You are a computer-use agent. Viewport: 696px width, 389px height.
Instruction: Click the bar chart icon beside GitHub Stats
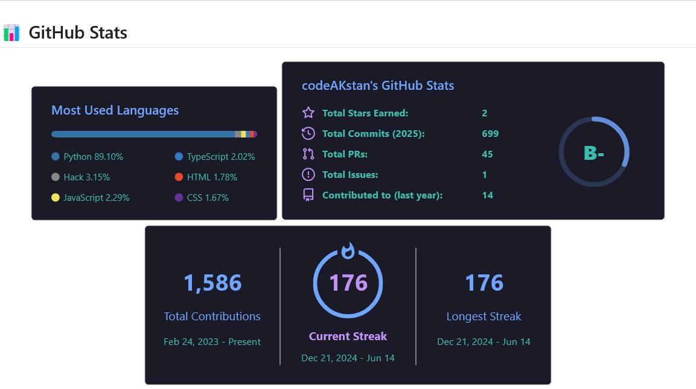[11, 32]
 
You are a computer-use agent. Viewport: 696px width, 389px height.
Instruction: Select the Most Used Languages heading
[115, 110]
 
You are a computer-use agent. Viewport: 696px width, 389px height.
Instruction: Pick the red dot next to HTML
[179, 177]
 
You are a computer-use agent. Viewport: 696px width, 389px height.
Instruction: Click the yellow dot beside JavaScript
[56, 198]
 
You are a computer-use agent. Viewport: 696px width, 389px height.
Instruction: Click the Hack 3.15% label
[86, 177]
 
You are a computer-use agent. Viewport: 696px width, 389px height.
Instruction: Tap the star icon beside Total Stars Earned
[308, 113]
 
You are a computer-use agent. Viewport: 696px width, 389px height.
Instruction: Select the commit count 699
[490, 133]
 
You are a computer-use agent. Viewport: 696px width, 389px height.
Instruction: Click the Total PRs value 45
[487, 154]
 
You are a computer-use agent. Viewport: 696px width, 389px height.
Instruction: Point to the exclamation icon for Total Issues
[308, 174]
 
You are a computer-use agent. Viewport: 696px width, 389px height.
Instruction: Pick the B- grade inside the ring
[594, 153]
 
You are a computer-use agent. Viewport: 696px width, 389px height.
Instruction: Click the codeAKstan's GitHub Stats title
[378, 86]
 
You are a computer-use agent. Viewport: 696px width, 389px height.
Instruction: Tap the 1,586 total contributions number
[212, 283]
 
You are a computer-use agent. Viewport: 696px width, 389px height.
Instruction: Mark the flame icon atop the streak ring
[348, 250]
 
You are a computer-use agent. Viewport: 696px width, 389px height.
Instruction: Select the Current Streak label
[348, 336]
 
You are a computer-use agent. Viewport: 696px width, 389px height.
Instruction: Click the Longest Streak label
[484, 316]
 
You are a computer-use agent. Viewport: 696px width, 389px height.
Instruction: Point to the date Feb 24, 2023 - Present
[212, 341]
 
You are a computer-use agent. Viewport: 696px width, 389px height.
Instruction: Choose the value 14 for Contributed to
[487, 195]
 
